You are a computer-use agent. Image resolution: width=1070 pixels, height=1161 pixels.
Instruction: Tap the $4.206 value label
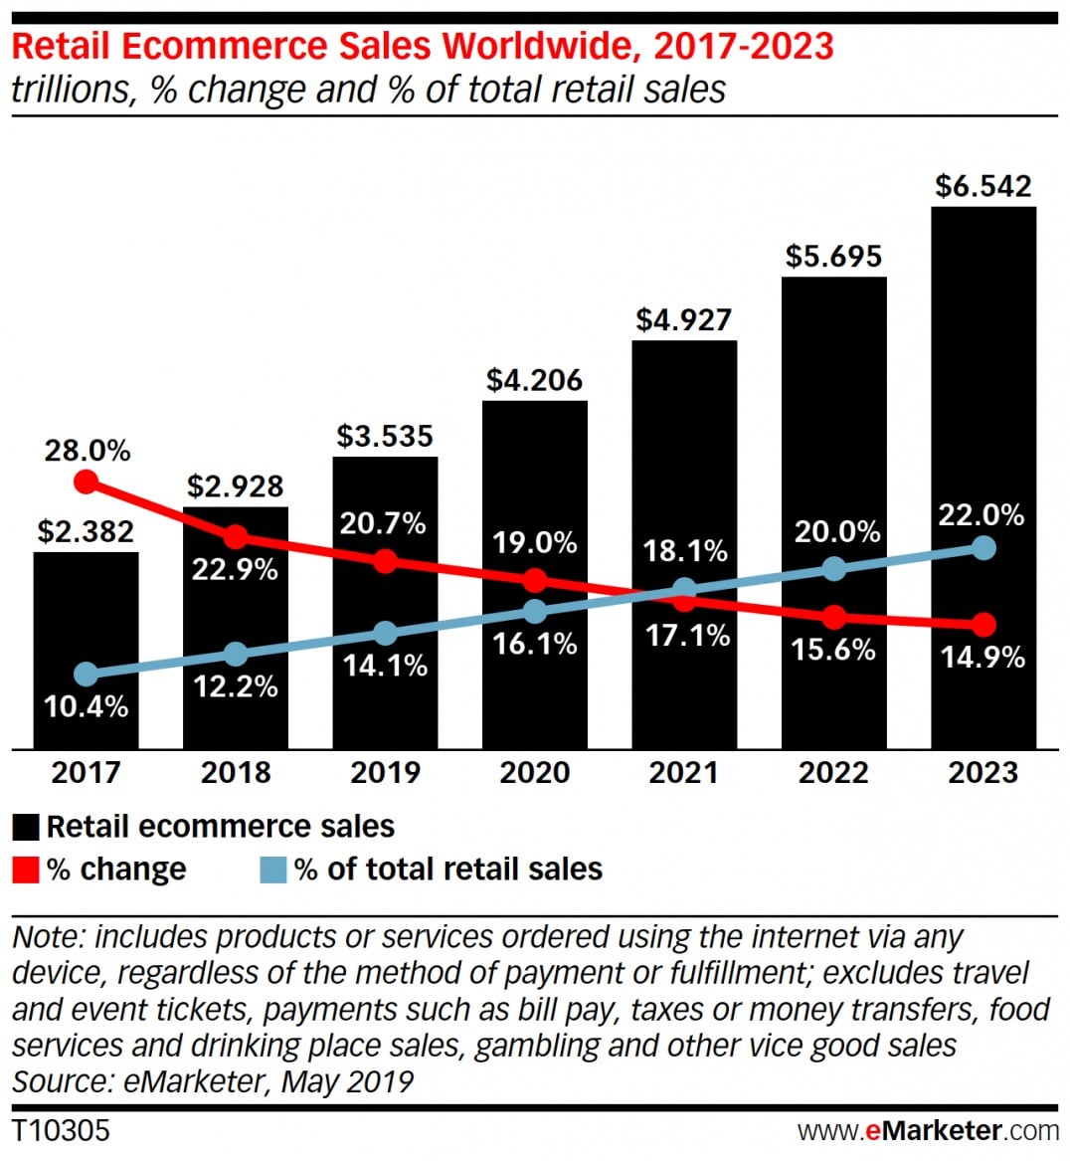point(534,380)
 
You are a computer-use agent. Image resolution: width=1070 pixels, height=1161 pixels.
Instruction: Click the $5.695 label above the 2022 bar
point(833,257)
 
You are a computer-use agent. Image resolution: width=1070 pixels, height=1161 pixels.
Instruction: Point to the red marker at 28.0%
point(87,483)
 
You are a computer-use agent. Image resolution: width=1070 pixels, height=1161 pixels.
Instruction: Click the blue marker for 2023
point(983,547)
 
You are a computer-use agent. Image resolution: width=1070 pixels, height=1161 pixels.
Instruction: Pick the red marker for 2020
point(535,580)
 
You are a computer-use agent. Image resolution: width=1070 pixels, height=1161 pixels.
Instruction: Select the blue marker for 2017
point(87,675)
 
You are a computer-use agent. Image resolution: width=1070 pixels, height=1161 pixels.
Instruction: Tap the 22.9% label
point(235,570)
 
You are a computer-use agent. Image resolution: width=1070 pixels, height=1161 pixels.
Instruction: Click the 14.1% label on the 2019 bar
point(385,665)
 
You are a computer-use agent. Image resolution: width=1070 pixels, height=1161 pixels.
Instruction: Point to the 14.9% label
point(982,657)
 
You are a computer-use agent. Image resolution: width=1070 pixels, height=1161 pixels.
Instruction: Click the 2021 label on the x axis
point(684,773)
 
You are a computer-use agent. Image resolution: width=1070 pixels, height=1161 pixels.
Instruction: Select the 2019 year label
point(385,773)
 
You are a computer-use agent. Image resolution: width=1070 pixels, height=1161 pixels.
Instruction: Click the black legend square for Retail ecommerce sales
point(26,828)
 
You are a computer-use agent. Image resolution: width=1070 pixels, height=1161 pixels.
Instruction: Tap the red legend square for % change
point(26,871)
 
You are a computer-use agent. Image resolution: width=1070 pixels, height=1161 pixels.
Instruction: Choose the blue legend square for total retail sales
point(272,871)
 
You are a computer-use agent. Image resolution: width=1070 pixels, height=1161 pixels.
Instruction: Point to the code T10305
point(61,1131)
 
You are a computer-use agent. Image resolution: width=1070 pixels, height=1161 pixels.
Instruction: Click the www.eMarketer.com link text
point(927,1131)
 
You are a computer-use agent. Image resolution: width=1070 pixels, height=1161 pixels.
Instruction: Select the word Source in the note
point(62,1081)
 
